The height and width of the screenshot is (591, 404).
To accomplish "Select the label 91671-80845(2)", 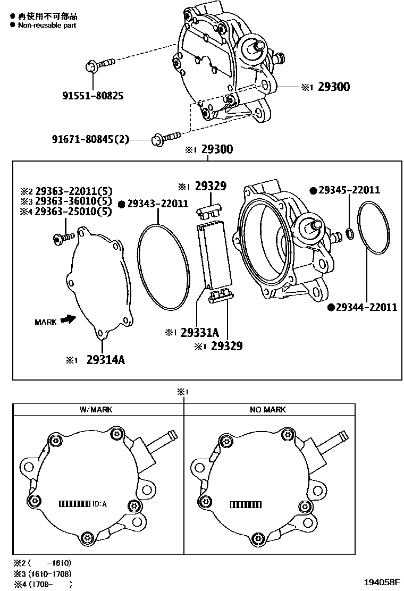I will (90, 139).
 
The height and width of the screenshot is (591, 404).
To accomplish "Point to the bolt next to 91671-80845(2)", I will (165, 138).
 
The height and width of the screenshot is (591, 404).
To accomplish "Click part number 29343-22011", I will (158, 204).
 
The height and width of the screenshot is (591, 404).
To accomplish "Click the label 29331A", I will (199, 333).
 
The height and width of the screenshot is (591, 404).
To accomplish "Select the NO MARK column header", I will (267, 409).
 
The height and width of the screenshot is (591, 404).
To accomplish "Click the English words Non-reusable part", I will (47, 25).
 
